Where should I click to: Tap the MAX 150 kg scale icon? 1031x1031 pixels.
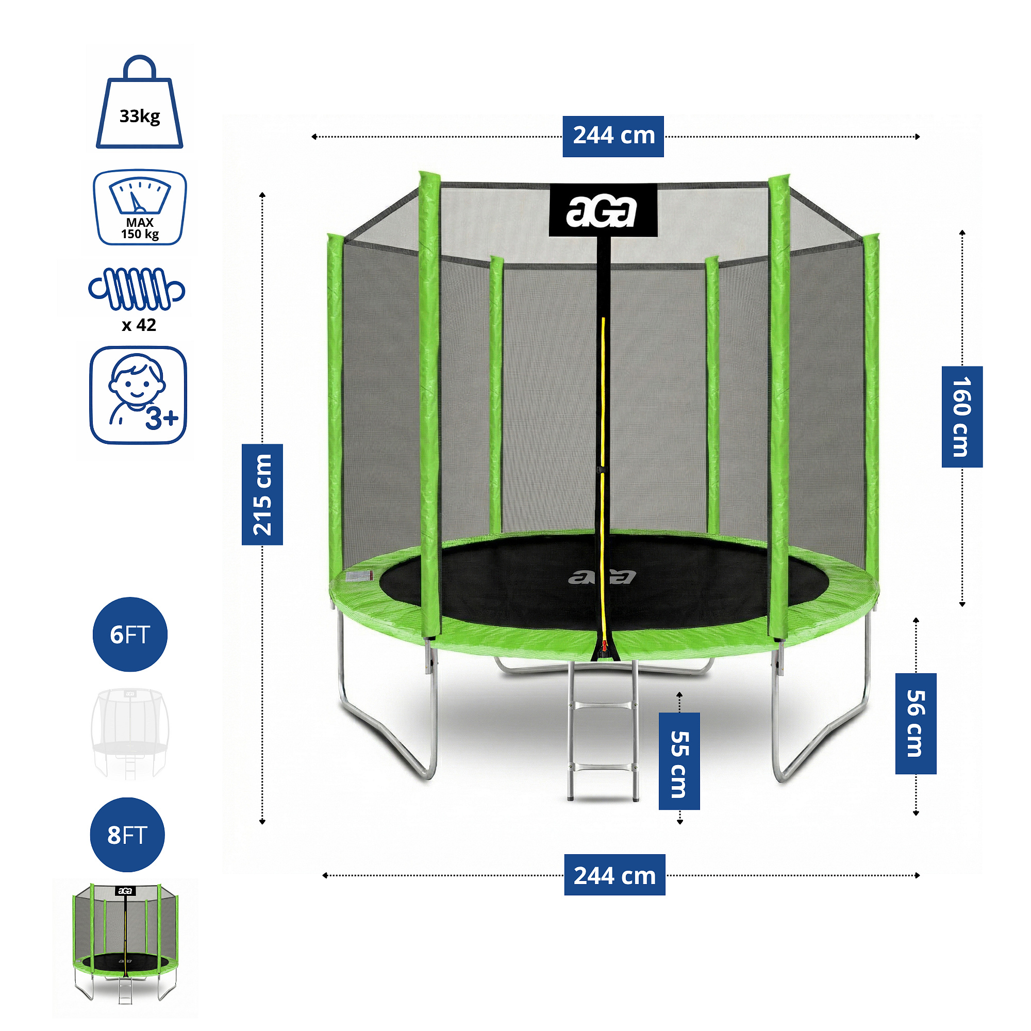click(x=140, y=208)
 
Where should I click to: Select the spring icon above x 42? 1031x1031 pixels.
click(x=137, y=289)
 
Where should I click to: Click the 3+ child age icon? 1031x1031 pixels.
click(x=138, y=395)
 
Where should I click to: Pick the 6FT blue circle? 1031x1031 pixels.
click(x=130, y=635)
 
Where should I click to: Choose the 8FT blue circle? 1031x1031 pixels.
click(x=127, y=835)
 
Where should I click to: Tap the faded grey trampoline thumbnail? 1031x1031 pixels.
click(x=130, y=734)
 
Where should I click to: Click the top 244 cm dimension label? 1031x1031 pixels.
click(x=613, y=137)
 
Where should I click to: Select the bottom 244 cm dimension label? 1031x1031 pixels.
click(x=614, y=875)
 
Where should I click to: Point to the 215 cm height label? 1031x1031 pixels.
click(x=262, y=494)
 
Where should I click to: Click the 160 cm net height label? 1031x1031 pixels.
click(x=961, y=417)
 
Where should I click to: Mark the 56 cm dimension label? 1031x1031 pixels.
click(x=916, y=724)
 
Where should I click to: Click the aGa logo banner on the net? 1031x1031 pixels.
click(x=603, y=211)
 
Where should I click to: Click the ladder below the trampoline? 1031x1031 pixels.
click(x=602, y=731)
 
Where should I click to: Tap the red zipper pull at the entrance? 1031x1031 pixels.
click(x=605, y=647)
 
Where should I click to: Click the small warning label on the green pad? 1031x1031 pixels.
click(x=359, y=577)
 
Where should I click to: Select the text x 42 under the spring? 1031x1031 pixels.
click(x=139, y=325)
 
